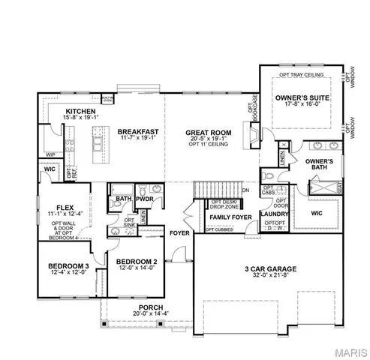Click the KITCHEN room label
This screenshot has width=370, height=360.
60,110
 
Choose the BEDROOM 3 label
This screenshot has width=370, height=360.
68,265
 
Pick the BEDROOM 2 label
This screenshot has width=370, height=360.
134,262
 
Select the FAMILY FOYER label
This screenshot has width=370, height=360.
231,217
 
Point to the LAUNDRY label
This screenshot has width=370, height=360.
274,213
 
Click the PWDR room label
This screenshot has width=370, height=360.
144,199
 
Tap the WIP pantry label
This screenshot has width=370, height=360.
51,154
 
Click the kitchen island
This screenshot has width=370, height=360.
96,144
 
